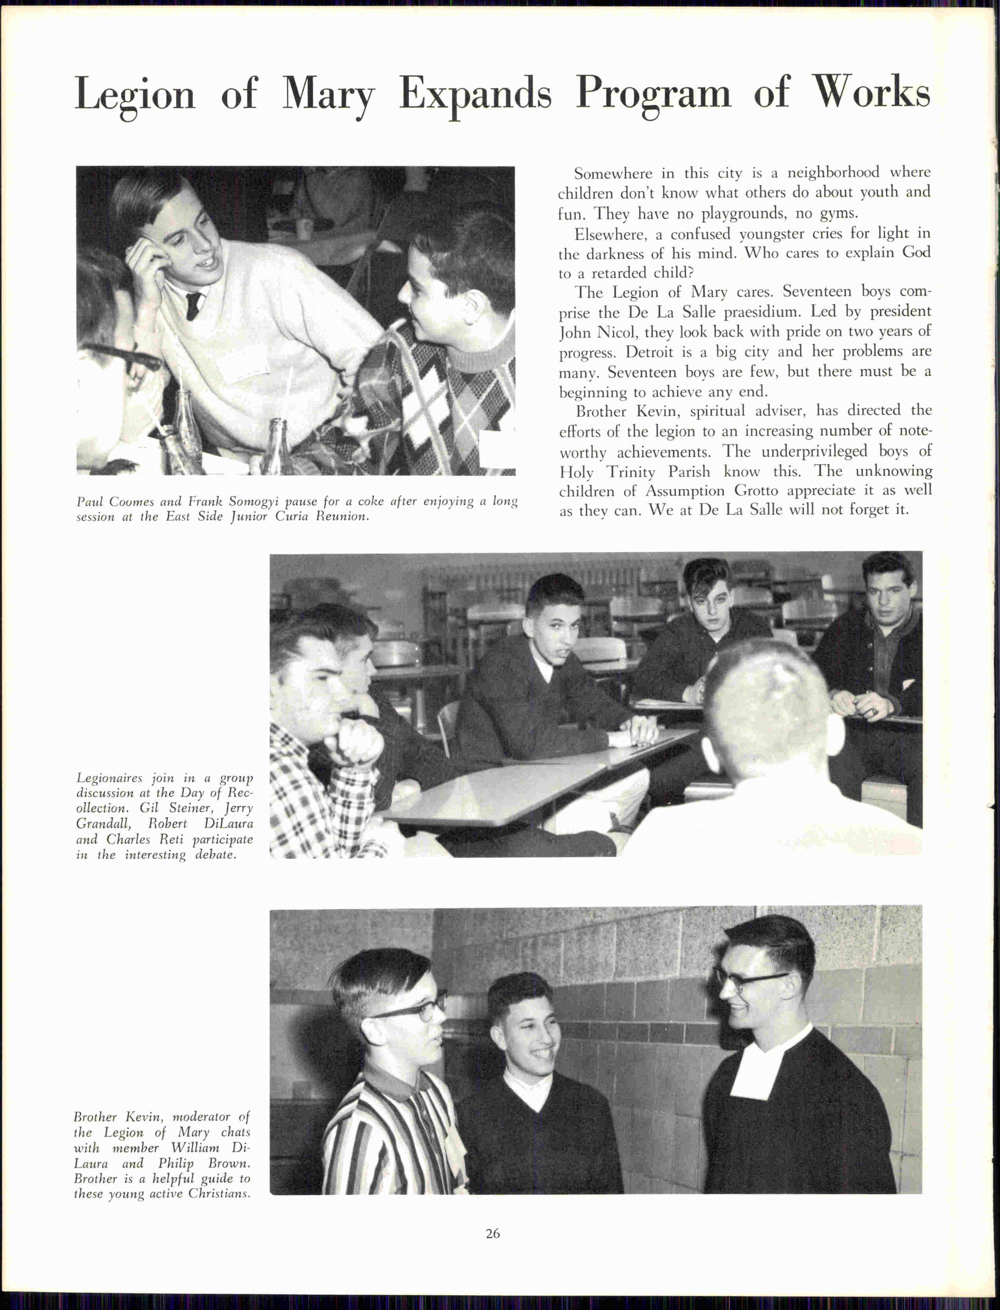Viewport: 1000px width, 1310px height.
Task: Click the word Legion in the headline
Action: [134, 94]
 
